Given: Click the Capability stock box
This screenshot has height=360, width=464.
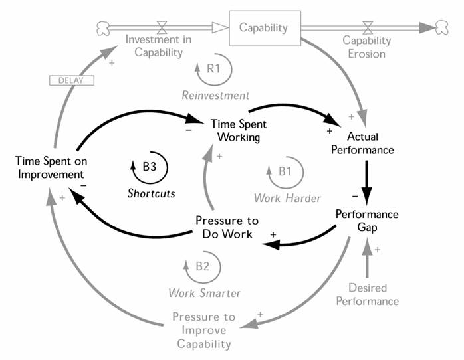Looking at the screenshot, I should click(x=263, y=28).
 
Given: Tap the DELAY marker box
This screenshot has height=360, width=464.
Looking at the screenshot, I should click(x=72, y=80).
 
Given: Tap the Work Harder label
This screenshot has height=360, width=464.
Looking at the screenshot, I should click(x=287, y=198).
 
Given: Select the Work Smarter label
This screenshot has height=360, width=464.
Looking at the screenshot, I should click(x=204, y=292).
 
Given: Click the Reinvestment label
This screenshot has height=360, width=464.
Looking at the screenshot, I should click(x=215, y=95).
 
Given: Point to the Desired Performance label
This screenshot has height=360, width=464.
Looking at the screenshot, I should click(x=367, y=294).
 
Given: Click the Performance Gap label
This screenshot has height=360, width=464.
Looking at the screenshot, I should click(x=367, y=221).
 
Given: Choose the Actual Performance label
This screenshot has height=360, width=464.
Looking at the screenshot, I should click(x=370, y=143).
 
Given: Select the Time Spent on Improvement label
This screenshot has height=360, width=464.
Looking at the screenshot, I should click(x=51, y=167).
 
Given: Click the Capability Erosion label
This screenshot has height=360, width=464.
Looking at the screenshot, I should click(x=366, y=46).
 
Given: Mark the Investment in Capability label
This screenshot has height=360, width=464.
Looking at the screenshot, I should click(x=158, y=46).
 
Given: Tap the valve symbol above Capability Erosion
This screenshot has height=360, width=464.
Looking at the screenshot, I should click(x=366, y=27).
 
